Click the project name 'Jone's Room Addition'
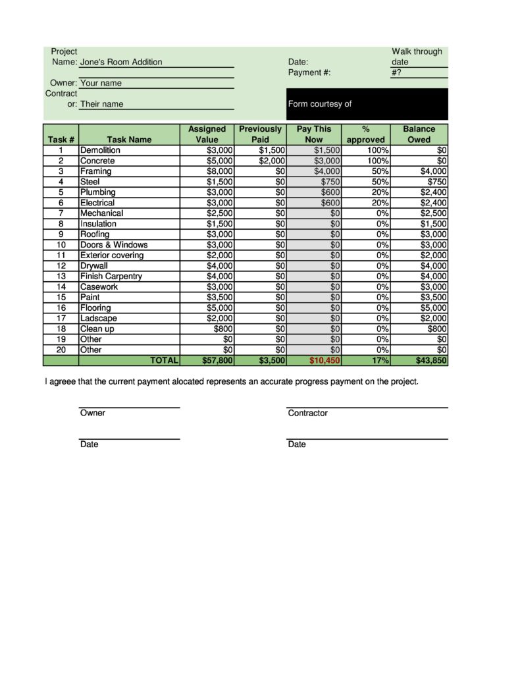click(121, 62)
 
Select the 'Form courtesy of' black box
click(367, 104)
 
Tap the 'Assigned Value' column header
click(207, 134)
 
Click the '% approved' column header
click(365, 134)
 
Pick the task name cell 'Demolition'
click(100, 150)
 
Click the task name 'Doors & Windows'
click(114, 245)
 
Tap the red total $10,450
click(325, 361)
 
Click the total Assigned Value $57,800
click(217, 361)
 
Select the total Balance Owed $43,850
click(431, 361)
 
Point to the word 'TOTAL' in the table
click(165, 361)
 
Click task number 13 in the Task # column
click(61, 277)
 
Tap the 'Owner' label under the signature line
click(93, 413)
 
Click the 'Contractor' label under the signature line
click(307, 413)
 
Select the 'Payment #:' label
click(309, 72)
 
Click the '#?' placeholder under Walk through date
click(396, 72)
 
